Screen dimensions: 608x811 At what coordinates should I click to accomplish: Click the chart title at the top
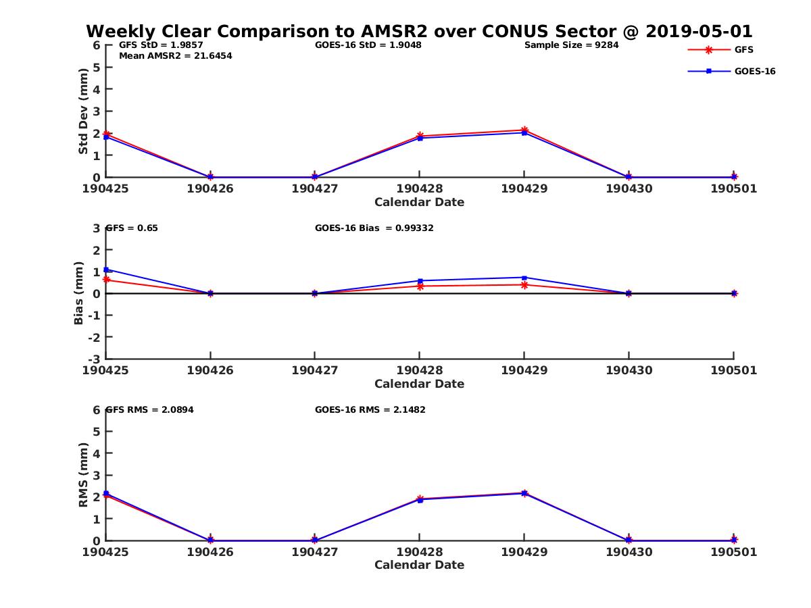(419, 32)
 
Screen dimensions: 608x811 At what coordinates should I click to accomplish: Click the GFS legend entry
(743, 49)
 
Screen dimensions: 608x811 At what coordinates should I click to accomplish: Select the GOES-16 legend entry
(754, 71)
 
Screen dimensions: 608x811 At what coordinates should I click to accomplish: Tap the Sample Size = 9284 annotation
(571, 45)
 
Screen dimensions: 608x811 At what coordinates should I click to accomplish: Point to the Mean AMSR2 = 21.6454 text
(175, 56)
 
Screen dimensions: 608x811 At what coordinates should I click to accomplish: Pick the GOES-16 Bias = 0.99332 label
(374, 228)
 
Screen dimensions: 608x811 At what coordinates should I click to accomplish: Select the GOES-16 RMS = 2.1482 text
(370, 409)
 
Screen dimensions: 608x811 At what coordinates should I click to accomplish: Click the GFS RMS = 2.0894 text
(149, 409)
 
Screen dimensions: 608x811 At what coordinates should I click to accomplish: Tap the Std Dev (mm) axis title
(83, 111)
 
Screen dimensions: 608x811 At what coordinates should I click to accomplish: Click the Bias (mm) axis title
(79, 293)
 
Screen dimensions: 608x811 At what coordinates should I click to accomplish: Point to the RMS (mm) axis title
(83, 475)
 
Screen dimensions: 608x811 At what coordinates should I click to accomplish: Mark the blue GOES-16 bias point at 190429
(524, 278)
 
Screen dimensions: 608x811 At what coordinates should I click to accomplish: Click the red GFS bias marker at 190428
(420, 286)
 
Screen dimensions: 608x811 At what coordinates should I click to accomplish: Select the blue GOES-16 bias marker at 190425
(106, 270)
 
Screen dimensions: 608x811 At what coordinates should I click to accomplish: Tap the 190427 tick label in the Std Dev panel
(314, 189)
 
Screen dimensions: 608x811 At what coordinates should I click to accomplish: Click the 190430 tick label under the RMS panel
(629, 552)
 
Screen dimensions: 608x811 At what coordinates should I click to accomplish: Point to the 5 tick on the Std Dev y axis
(97, 68)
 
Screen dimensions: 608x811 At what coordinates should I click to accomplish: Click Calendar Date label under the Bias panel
(419, 384)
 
